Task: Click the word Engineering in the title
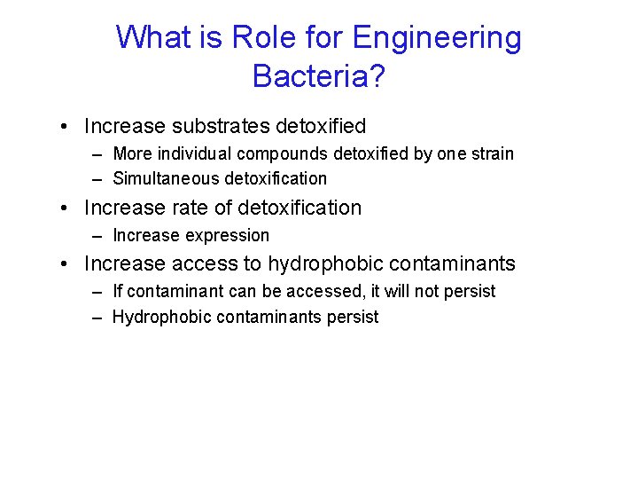(x=437, y=38)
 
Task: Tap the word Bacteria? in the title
(x=319, y=76)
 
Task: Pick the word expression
(x=227, y=236)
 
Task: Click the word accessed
(x=291, y=291)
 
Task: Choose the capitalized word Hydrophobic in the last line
(x=157, y=317)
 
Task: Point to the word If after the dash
(x=118, y=291)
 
